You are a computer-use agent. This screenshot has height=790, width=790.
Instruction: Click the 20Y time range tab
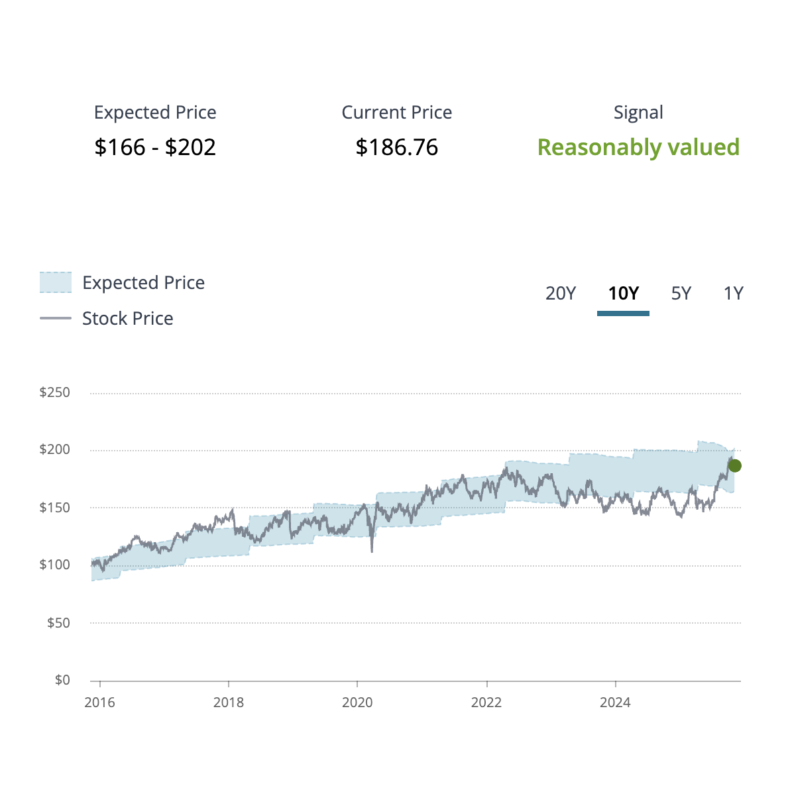560,293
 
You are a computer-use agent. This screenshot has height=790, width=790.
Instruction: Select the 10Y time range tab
623,293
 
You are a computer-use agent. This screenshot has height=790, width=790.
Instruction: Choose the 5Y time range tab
681,293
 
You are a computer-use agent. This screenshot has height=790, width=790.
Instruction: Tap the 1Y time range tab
733,293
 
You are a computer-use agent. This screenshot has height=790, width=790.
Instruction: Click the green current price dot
734,466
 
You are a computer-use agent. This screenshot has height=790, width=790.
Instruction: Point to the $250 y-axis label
54,392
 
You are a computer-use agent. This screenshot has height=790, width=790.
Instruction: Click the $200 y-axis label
54,450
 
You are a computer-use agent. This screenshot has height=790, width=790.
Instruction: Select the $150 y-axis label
54,508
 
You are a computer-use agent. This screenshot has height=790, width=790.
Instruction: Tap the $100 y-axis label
54,565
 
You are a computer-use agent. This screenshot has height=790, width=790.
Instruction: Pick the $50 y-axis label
58,622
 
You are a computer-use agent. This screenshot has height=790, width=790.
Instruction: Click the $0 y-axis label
62,680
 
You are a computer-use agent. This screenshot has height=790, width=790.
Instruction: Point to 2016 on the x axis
99,703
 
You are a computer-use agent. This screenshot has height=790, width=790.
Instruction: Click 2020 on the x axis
357,703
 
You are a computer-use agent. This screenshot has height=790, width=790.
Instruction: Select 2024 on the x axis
615,703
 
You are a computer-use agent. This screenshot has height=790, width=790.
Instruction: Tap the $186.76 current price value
396,147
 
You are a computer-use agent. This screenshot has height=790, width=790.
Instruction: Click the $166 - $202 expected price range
155,147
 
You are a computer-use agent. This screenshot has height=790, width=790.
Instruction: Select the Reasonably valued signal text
638,147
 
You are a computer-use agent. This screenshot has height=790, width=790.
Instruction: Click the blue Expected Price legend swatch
55,282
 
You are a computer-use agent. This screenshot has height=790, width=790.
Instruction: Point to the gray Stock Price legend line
55,318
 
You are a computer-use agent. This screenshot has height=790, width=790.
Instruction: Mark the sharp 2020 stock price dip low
372,551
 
